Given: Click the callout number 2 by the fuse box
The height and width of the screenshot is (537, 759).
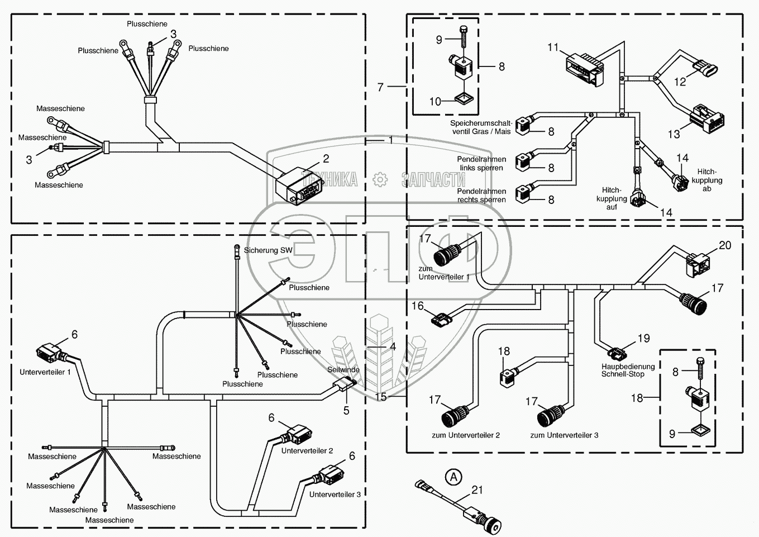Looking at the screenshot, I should [326, 159].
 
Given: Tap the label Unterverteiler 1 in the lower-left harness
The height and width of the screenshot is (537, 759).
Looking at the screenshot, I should [45, 372].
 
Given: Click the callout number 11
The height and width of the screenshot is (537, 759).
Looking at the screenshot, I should [553, 47].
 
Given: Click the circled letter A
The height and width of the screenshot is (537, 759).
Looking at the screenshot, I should [455, 477].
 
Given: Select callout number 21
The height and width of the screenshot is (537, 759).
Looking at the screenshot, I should [477, 490].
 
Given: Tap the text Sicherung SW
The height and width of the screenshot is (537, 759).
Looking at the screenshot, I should [268, 250].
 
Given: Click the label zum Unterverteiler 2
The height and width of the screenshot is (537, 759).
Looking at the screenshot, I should [466, 435].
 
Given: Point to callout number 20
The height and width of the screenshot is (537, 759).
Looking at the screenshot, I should [725, 245].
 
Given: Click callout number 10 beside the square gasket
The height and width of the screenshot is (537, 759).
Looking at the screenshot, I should [436, 101].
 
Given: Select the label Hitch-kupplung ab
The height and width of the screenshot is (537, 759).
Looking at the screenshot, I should [707, 180].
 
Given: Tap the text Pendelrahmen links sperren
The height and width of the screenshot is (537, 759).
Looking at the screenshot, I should [481, 164].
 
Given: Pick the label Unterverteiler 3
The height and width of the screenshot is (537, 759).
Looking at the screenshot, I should [335, 495].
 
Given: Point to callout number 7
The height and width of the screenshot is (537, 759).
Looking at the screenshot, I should [381, 87].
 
